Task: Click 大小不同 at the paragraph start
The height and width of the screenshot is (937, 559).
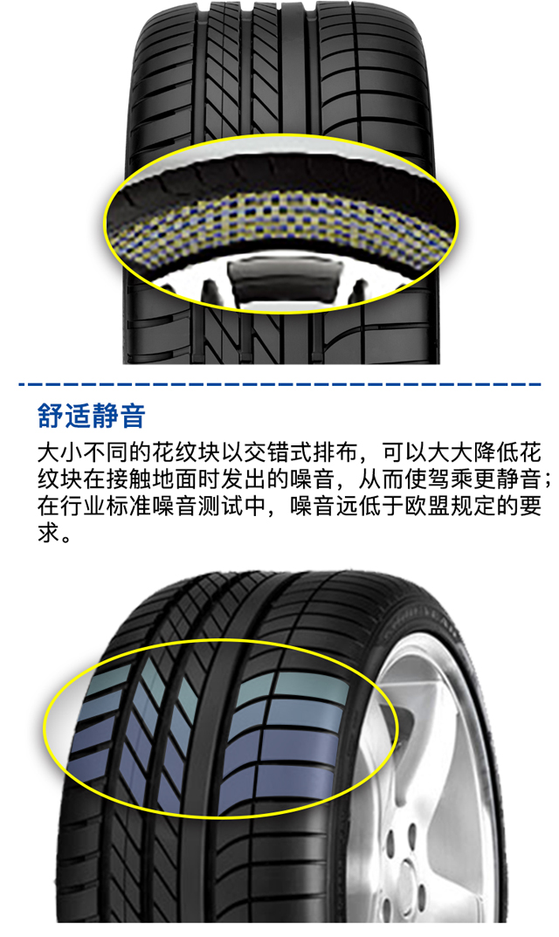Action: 82,453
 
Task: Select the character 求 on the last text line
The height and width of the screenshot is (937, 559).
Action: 48,531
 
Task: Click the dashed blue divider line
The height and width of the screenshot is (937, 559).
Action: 279,384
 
